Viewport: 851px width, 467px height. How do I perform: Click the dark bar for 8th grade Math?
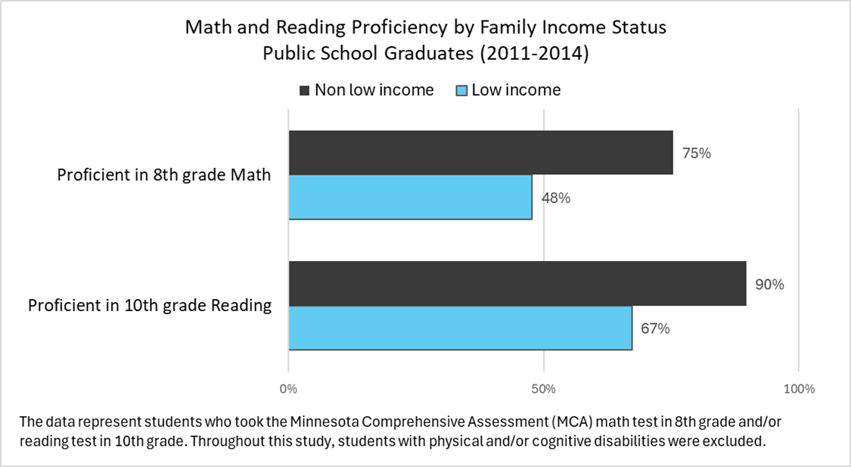coord(480,153)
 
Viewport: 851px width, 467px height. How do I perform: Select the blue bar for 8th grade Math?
coord(410,198)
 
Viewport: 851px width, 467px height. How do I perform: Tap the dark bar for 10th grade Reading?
coord(517,284)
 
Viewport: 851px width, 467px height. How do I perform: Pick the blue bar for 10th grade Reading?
coord(460,328)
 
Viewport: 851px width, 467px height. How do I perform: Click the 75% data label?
coord(697,153)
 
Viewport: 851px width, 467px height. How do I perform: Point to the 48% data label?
coord(556,198)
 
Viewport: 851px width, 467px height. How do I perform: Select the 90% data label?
coord(770,285)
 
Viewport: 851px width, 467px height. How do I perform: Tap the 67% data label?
coord(655,329)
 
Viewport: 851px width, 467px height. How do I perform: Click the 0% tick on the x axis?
coord(288,389)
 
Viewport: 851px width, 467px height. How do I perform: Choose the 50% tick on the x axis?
coord(544,389)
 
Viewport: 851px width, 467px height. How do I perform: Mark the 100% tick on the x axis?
coord(799,389)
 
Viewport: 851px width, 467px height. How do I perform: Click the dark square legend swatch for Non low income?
coord(305,91)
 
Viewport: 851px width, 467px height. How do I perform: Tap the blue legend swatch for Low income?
coord(461,91)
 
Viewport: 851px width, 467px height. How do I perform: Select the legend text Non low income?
coord(374,90)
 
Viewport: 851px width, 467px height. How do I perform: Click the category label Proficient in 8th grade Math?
coord(164,175)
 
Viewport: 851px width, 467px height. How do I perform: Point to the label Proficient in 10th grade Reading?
coord(150,306)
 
